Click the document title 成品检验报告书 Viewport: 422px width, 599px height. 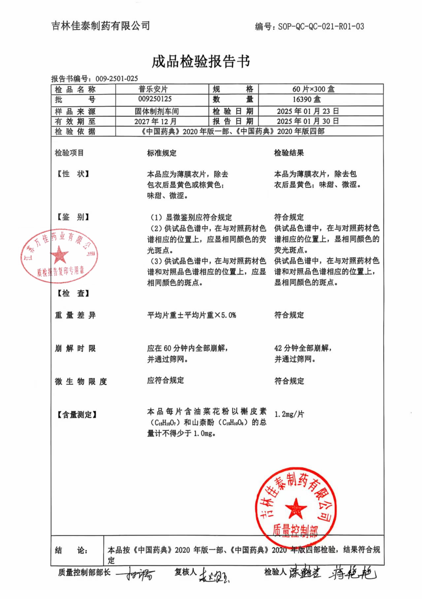pyautogui.click(x=201, y=62)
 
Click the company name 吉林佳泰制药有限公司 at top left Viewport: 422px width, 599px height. pyautogui.click(x=101, y=26)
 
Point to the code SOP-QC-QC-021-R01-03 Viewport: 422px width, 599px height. pyautogui.click(x=321, y=26)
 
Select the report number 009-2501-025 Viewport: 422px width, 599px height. pyautogui.click(x=117, y=79)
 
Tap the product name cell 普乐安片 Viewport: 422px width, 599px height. pyautogui.click(x=153, y=89)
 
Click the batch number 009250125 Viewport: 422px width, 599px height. pyautogui.click(x=155, y=99)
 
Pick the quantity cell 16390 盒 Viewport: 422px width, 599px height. pyautogui.click(x=307, y=99)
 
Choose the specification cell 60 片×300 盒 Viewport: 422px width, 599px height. pyautogui.click(x=313, y=89)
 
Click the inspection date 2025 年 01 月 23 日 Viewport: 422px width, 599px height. pyautogui.click(x=308, y=111)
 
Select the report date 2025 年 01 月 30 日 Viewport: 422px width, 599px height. pyautogui.click(x=308, y=121)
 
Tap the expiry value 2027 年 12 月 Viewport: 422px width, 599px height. pyautogui.click(x=155, y=121)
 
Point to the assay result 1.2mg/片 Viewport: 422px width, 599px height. pyautogui.click(x=289, y=414)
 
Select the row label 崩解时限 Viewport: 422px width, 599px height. pyautogui.click(x=75, y=348)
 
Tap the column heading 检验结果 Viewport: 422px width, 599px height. pyautogui.click(x=289, y=153)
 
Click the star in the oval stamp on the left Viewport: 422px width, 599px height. pyautogui.click(x=59, y=255)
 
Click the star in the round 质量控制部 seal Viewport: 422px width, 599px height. pyautogui.click(x=295, y=508)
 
